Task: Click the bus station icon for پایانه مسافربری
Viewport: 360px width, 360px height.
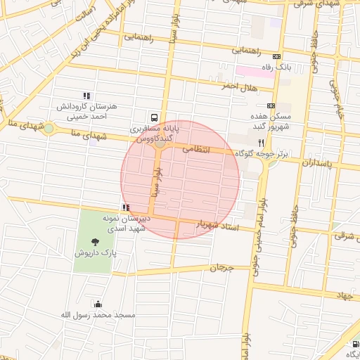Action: point(154,118)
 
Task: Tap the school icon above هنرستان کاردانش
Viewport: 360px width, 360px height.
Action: point(86,96)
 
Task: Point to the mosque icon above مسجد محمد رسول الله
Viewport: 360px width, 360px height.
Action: point(97,304)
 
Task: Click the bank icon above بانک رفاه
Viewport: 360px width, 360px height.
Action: point(277,57)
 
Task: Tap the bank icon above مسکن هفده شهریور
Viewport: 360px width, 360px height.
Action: point(271,105)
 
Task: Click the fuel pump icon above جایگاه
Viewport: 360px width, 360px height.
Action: point(355,345)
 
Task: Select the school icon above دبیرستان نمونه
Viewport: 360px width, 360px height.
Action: point(126,207)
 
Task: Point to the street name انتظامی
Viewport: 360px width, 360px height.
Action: point(197,149)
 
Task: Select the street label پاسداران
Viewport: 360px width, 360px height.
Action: point(304,162)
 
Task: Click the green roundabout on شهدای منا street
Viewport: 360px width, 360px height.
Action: point(48,129)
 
